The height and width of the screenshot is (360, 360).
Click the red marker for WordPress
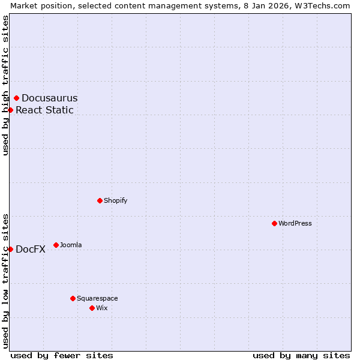click(274, 223)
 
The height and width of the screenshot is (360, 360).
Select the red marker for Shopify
click(100, 200)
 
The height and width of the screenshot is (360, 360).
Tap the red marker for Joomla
click(56, 245)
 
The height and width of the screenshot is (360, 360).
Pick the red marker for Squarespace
click(73, 298)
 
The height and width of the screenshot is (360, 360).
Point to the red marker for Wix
click(92, 308)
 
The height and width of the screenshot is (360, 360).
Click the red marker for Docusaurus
click(16, 98)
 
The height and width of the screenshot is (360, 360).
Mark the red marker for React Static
click(10, 110)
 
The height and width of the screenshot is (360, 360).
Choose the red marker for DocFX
click(10, 249)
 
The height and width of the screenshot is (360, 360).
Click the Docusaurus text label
click(49, 98)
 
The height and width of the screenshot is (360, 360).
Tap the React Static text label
click(44, 110)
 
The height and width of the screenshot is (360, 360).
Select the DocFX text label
click(31, 250)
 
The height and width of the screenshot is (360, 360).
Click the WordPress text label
click(295, 223)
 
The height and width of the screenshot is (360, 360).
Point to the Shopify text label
click(116, 200)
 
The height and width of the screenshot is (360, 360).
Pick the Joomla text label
click(71, 245)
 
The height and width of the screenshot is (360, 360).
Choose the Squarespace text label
click(97, 298)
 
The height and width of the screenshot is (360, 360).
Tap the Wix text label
click(102, 308)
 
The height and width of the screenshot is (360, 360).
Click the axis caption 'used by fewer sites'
click(62, 355)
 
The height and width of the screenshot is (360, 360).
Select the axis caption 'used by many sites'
click(301, 355)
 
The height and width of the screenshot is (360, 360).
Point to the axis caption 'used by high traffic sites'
click(5, 85)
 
